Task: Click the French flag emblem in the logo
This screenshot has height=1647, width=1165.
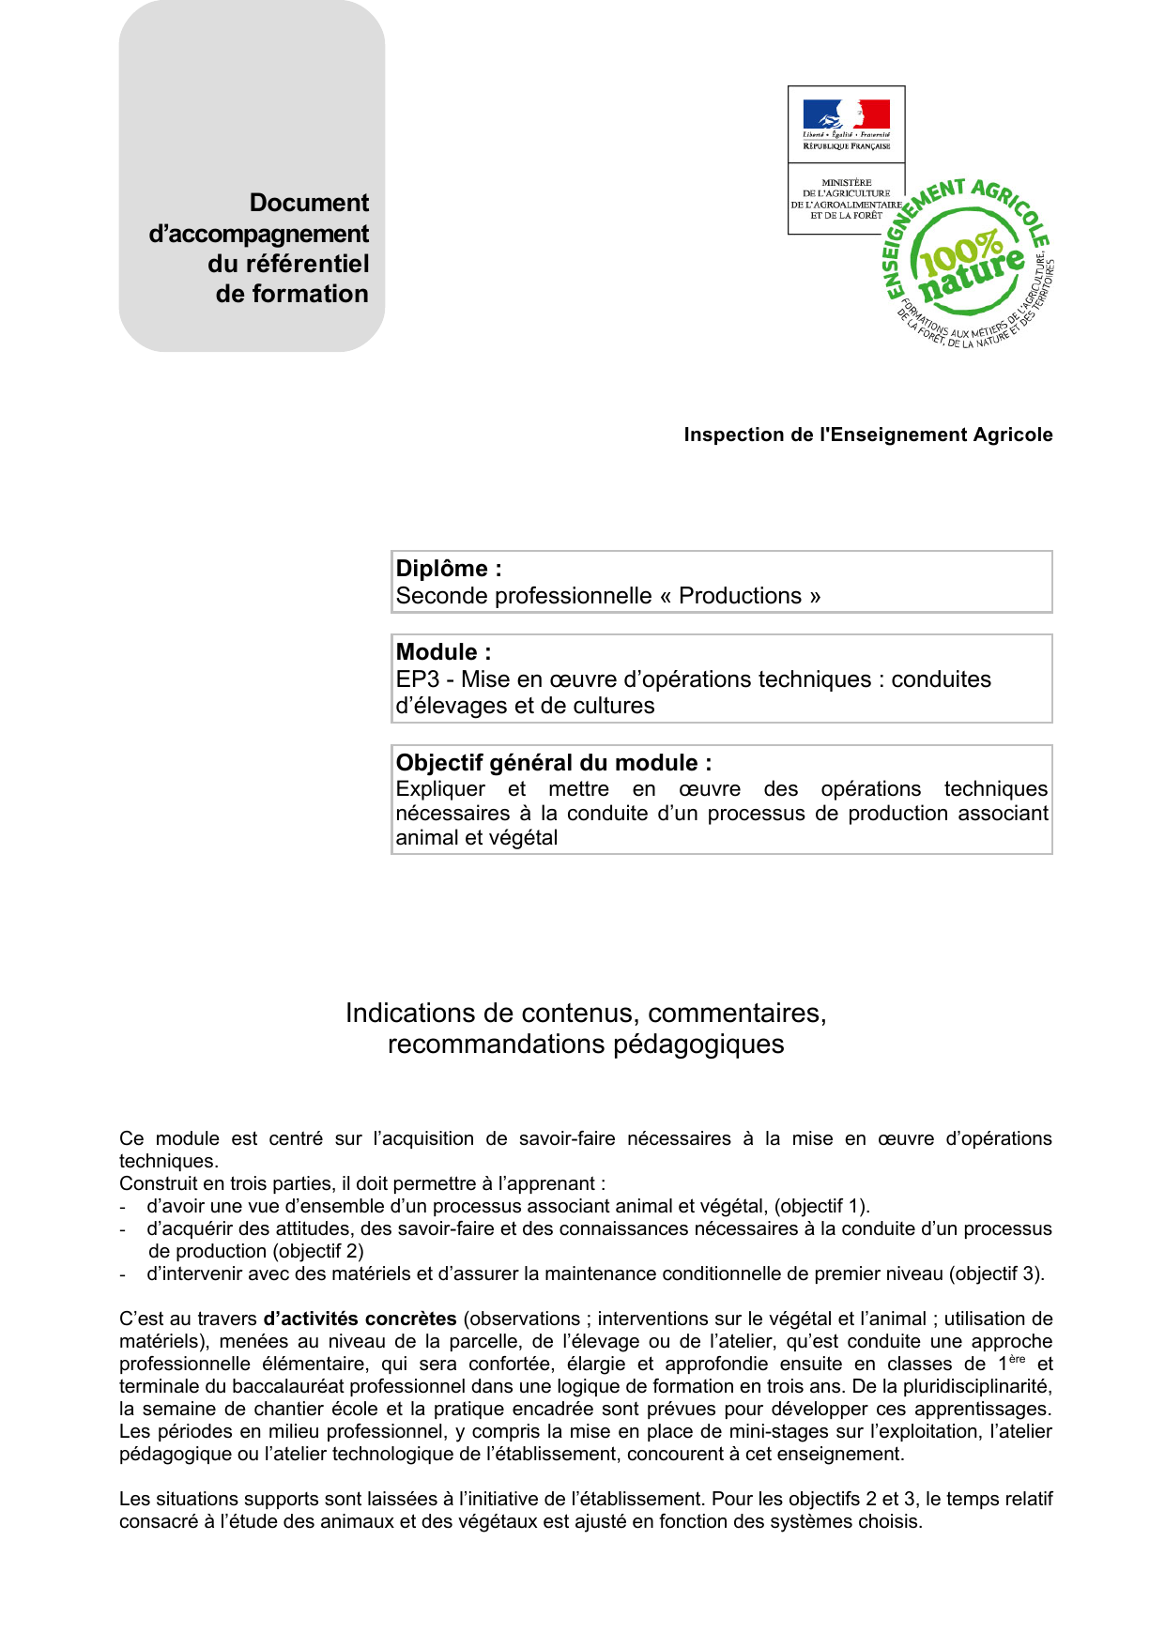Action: coord(846,114)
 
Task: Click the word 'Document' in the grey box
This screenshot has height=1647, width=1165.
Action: coord(309,203)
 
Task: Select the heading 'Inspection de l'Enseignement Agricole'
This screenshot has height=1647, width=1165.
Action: coord(867,435)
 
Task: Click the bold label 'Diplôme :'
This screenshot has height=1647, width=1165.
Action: coord(449,569)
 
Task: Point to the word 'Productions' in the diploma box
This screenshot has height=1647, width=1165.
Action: coord(740,596)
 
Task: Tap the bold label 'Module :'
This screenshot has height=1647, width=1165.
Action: coord(443,652)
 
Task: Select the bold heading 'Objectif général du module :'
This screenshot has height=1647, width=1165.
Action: coord(553,763)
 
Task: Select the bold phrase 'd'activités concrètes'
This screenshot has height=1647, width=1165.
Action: coord(360,1319)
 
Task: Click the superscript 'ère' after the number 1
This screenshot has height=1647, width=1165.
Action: coord(1017,1359)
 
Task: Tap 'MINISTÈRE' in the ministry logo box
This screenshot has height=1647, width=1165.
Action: coord(846,182)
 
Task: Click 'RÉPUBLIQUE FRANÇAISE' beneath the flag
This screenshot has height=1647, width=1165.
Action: coord(846,146)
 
